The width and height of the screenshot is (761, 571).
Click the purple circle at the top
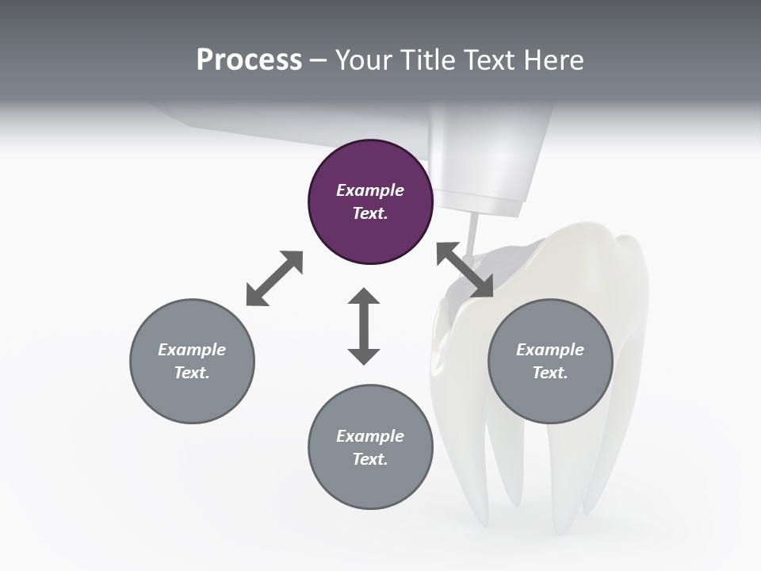pos(370,201)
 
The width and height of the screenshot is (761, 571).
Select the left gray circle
pos(192,361)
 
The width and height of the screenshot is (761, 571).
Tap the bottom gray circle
pos(370,447)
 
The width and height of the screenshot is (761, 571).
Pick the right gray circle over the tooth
pos(550,361)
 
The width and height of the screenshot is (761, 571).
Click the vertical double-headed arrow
pos(364,326)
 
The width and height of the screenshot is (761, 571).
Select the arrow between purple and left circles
pos(274,278)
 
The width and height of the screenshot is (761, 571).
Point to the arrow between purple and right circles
pos(465,270)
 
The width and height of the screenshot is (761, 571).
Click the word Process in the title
pos(249,60)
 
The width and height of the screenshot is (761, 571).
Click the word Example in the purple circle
pos(370,190)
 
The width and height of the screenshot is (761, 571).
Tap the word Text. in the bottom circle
pos(370,459)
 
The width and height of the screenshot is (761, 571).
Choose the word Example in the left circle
pos(192,350)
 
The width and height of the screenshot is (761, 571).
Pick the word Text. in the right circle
pos(550,373)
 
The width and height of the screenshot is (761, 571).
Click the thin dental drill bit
pos(472,235)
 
